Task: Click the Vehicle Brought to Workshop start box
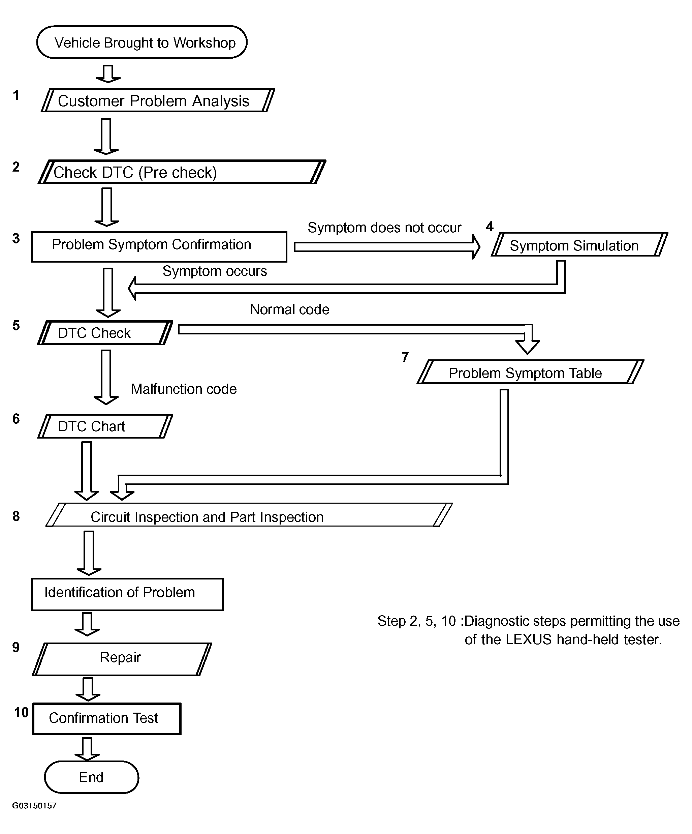[x=142, y=42]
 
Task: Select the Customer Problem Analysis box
[x=158, y=100]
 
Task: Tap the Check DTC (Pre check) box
[x=182, y=172]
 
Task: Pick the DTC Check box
[x=105, y=332]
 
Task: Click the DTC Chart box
[x=105, y=426]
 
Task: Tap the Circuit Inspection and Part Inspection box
[x=249, y=515]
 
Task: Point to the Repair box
[x=122, y=659]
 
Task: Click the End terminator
[x=91, y=777]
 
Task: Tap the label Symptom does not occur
[x=384, y=228]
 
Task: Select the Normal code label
[x=289, y=309]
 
